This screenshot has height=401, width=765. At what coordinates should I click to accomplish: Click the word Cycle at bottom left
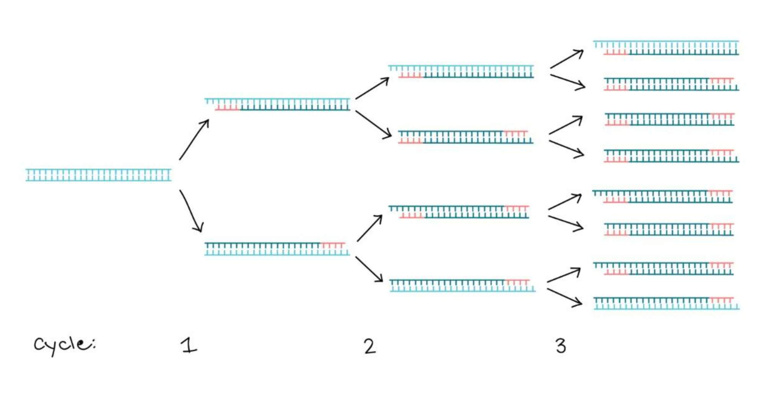(64, 344)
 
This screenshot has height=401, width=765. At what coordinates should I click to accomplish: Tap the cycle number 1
(189, 345)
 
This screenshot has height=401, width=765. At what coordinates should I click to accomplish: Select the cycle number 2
(369, 346)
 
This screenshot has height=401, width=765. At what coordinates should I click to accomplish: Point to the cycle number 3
(560, 346)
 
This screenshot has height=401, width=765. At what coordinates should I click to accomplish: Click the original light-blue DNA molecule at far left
(98, 175)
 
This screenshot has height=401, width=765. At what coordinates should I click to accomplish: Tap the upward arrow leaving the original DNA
(194, 140)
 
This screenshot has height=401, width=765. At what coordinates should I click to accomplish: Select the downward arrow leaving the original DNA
(191, 211)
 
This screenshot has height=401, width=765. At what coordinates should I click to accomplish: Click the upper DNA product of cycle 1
(278, 105)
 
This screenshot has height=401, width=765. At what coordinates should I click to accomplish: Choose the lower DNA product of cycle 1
(277, 249)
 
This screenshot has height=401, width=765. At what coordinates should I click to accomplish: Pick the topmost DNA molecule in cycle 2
(461, 72)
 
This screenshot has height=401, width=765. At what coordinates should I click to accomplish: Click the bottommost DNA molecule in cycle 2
(462, 286)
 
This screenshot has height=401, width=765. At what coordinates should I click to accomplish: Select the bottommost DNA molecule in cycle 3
(666, 303)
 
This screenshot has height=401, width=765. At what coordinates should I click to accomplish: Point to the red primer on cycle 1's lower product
(332, 244)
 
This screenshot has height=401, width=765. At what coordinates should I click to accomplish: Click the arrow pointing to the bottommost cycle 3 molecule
(565, 298)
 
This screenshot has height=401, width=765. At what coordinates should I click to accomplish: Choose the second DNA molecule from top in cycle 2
(465, 137)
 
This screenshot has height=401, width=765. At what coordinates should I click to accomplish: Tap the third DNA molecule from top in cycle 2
(459, 212)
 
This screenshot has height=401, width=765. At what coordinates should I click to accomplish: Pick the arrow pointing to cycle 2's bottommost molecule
(369, 269)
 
